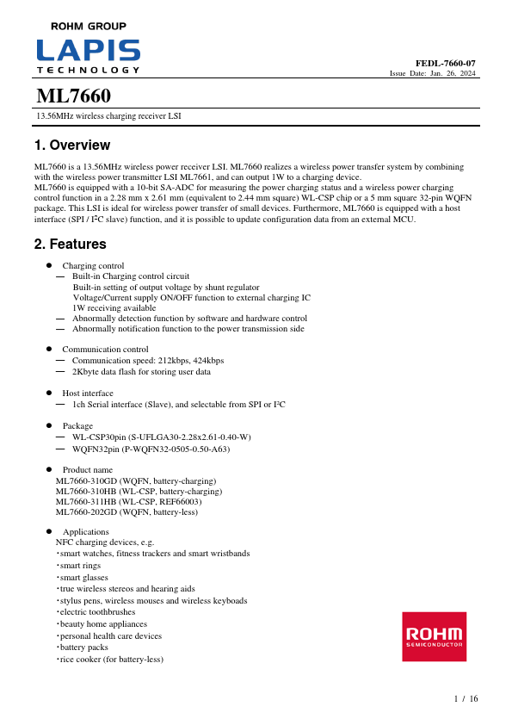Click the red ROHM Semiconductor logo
(435, 637)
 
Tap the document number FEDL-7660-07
(446, 64)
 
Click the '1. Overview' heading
(71, 146)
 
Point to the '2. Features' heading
(70, 245)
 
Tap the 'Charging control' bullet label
(93, 266)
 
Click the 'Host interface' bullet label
(88, 393)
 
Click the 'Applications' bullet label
(86, 532)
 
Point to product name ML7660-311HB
(129, 501)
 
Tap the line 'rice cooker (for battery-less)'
(112, 660)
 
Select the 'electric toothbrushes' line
(98, 613)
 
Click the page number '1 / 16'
(466, 698)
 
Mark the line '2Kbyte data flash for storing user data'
(141, 372)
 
